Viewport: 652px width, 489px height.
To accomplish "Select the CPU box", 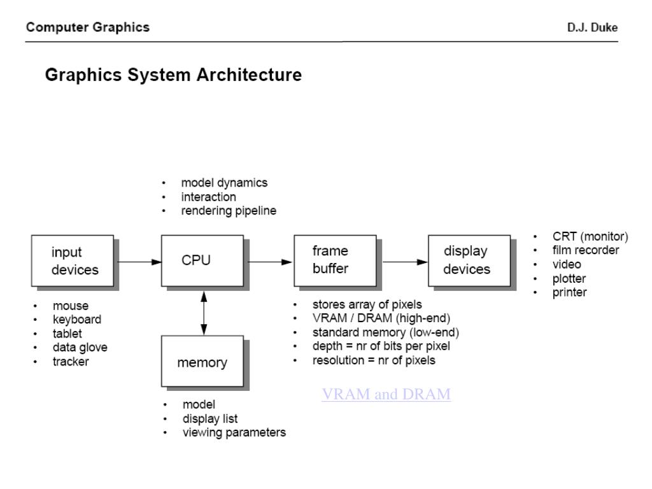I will [x=202, y=260].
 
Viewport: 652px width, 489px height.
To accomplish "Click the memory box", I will [x=202, y=362].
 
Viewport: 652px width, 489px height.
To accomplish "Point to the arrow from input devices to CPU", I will [x=139, y=261].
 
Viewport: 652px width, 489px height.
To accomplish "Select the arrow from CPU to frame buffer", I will [x=269, y=261].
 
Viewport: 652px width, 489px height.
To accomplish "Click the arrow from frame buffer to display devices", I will [x=404, y=261].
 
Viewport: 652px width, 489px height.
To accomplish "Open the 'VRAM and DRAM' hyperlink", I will [x=386, y=395].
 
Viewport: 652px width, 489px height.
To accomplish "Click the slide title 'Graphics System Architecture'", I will [x=173, y=75].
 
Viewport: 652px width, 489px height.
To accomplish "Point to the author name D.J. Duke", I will [x=592, y=27].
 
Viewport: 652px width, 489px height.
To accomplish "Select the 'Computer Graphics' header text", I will [x=88, y=27].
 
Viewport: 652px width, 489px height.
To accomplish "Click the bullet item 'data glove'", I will [x=80, y=348].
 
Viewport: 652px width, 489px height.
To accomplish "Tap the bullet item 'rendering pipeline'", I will [x=229, y=211].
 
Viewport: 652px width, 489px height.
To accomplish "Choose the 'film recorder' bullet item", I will [x=585, y=250].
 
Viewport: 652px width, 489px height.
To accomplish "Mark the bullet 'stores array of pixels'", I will [x=367, y=304].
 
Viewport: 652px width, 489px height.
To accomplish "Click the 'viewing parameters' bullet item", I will [x=234, y=433].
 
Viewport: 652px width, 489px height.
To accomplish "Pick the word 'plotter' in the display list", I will [x=569, y=279].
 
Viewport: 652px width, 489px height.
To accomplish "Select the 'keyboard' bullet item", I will [x=76, y=320].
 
